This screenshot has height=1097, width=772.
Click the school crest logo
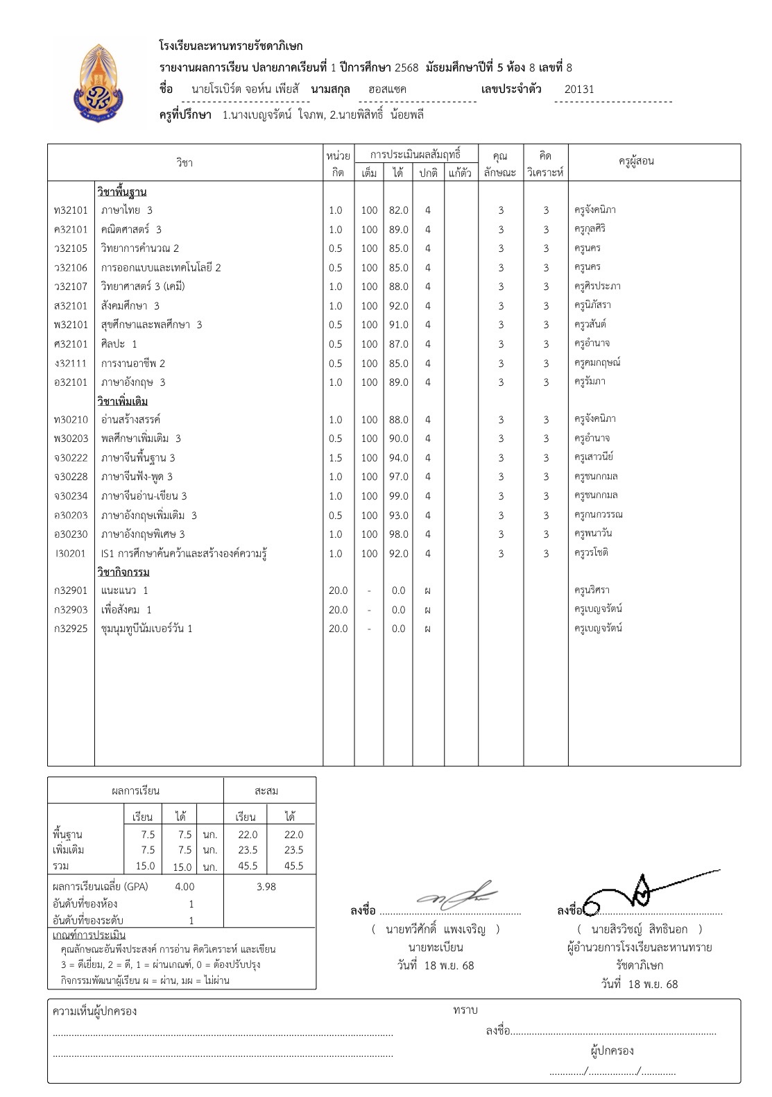coord(100,86)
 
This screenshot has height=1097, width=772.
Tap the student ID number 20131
coord(579,90)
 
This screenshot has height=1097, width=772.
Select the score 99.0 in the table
coord(398,496)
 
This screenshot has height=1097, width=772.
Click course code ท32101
coord(71,210)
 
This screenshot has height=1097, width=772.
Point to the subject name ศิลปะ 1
coord(119,344)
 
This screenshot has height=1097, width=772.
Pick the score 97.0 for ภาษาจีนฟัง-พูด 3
coord(398,477)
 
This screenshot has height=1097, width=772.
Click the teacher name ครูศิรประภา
coord(597,287)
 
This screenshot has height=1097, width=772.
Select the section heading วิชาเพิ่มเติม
coord(122,402)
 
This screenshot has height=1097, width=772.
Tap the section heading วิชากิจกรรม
coord(123,572)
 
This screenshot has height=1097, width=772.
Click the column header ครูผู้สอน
coord(636,162)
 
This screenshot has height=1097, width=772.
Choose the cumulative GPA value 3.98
coord(266,887)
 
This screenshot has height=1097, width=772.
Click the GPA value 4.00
coord(185,887)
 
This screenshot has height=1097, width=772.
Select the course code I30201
coord(71,554)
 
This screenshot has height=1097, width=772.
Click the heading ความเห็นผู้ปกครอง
coord(94,1012)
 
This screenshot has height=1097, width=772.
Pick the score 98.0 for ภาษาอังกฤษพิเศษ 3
coord(398,534)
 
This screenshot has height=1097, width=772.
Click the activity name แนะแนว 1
coord(124,590)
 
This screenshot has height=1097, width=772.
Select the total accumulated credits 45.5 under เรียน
coord(248,866)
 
